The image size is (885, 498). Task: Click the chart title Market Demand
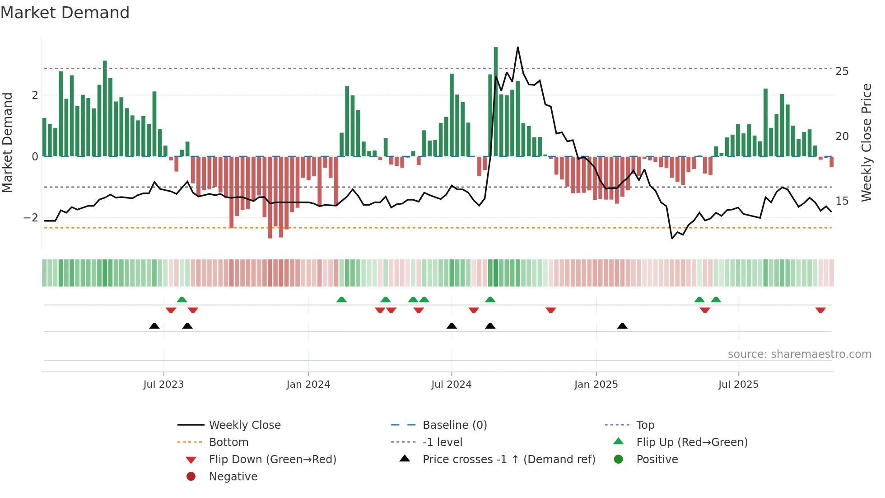tap(65, 13)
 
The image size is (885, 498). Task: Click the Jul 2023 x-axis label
tap(163, 385)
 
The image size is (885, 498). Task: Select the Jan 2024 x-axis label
tap(308, 385)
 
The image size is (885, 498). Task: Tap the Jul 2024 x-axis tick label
tap(451, 385)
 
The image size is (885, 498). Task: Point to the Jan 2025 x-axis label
tap(596, 385)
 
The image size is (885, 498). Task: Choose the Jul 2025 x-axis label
tap(738, 385)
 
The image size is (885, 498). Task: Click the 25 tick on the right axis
tap(842, 71)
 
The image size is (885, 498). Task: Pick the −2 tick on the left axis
tap(31, 218)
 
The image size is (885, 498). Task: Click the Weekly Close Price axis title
tap(866, 142)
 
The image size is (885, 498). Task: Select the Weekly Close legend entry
tap(244, 425)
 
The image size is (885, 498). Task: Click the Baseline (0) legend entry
tap(454, 425)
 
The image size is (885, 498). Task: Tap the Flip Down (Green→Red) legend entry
tap(272, 460)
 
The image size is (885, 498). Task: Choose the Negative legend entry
tap(233, 477)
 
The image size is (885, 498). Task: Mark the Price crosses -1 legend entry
tap(508, 460)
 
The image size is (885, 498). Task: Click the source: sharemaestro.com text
tap(799, 354)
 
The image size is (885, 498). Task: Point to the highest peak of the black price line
tap(517, 47)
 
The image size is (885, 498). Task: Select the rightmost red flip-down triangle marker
tap(820, 310)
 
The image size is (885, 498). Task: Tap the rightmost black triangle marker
tap(622, 326)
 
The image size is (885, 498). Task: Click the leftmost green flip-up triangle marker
tap(182, 300)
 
